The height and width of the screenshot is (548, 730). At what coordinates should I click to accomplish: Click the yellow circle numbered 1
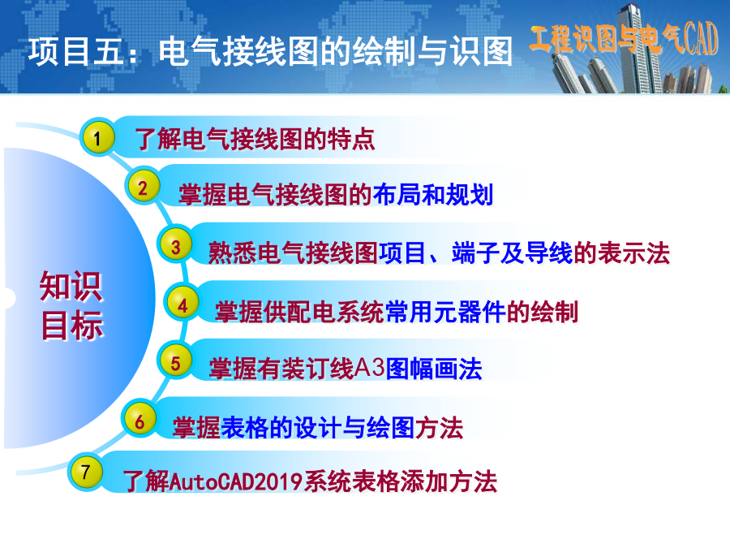pyautogui.click(x=97, y=137)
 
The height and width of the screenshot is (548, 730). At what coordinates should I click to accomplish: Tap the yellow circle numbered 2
pyautogui.click(x=143, y=187)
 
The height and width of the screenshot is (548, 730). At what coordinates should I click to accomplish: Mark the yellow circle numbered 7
pyautogui.click(x=86, y=472)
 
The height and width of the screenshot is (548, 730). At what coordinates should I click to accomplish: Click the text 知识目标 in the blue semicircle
pyautogui.click(x=71, y=306)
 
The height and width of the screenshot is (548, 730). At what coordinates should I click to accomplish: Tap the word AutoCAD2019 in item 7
pyautogui.click(x=237, y=481)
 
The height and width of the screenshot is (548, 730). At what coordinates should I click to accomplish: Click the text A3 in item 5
pyautogui.click(x=370, y=368)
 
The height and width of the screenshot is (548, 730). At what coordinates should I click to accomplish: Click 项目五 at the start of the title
pyautogui.click(x=75, y=51)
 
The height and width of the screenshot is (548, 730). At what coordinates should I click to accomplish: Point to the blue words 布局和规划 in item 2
pyautogui.click(x=432, y=194)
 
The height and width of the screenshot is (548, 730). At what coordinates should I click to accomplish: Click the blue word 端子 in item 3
pyautogui.click(x=475, y=253)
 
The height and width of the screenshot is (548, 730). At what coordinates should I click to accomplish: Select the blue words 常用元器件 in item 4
pyautogui.click(x=445, y=312)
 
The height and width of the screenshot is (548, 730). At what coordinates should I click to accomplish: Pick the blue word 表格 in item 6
pyautogui.click(x=244, y=427)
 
